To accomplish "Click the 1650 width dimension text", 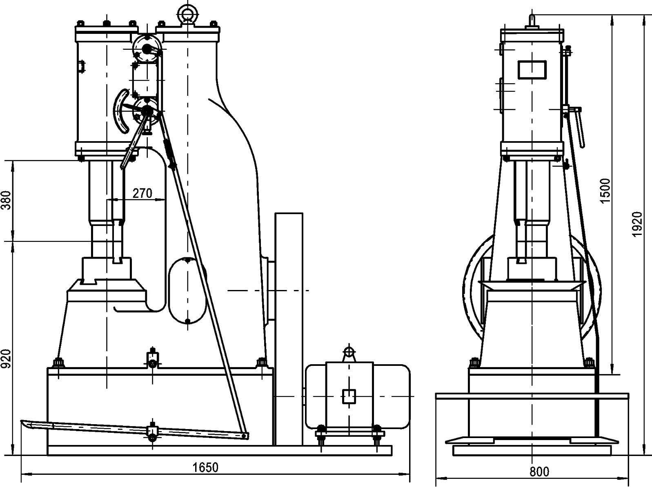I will [206, 467].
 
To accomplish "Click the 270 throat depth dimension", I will [142, 193].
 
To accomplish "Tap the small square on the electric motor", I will [348, 396].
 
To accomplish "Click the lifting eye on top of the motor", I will [348, 352].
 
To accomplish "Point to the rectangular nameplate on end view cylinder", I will [532, 69].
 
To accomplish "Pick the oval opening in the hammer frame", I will [187, 290].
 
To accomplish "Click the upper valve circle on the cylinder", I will [147, 48].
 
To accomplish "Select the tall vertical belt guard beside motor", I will [289, 328].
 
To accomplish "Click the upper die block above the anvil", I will [107, 267].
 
